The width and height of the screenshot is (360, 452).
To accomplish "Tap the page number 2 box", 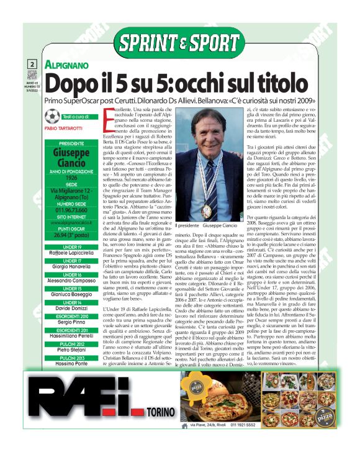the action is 31,65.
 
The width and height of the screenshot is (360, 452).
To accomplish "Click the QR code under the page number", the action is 31,76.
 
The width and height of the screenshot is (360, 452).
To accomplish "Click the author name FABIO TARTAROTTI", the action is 68,129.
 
